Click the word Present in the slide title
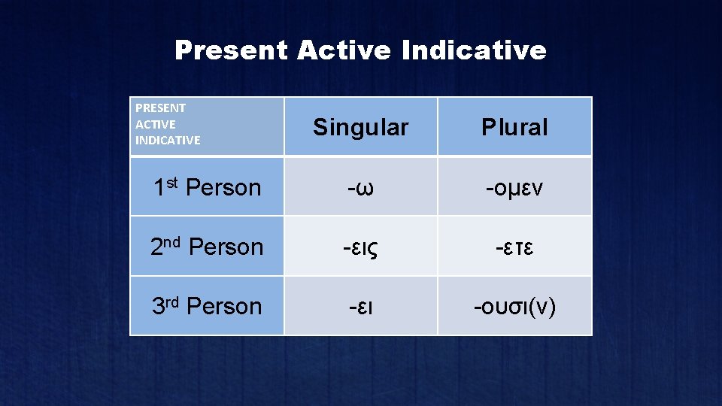[231, 51]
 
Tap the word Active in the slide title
[344, 50]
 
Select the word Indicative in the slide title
[474, 50]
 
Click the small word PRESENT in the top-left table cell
[160, 108]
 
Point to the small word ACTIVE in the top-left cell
[155, 124]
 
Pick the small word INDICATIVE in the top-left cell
[168, 140]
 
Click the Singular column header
[360, 127]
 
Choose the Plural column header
[514, 127]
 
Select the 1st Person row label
[207, 187]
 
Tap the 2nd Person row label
[207, 247]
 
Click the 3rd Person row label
[207, 306]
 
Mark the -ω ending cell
[360, 187]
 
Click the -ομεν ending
[514, 187]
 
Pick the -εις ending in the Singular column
[360, 247]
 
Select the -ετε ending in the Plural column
[514, 247]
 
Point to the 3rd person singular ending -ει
[360, 307]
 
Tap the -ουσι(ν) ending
[514, 307]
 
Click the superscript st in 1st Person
[172, 181]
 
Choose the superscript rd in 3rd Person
[173, 300]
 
